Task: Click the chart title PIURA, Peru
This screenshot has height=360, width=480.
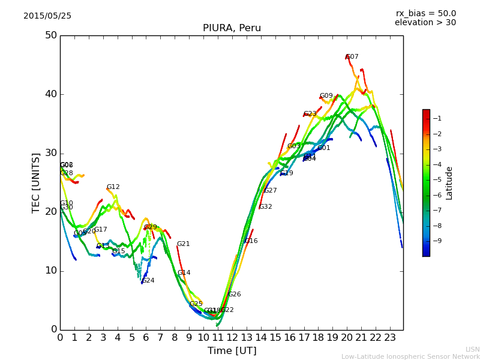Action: click(x=232, y=28)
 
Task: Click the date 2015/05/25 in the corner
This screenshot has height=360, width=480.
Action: click(x=47, y=16)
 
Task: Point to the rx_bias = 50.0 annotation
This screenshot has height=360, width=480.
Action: click(x=425, y=14)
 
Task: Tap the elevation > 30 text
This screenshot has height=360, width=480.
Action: click(x=425, y=23)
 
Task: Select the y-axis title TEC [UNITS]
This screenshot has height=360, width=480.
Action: click(x=36, y=182)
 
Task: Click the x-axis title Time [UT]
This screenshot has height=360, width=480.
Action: click(x=232, y=351)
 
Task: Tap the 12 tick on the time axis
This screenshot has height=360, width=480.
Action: click(x=232, y=337)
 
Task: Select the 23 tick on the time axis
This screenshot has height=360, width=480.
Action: click(x=390, y=337)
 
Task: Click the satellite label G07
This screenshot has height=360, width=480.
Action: click(x=352, y=57)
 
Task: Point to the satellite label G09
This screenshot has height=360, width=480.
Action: click(x=326, y=96)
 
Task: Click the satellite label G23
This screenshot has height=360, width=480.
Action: click(x=310, y=114)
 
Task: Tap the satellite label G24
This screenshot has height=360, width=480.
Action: click(x=148, y=281)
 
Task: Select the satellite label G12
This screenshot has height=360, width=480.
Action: click(x=113, y=187)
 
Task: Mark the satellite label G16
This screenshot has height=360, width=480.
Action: click(x=251, y=241)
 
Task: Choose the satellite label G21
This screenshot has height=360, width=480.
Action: click(x=183, y=244)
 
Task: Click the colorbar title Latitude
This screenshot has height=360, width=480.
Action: click(x=449, y=183)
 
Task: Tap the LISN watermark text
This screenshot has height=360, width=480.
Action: click(x=472, y=349)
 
